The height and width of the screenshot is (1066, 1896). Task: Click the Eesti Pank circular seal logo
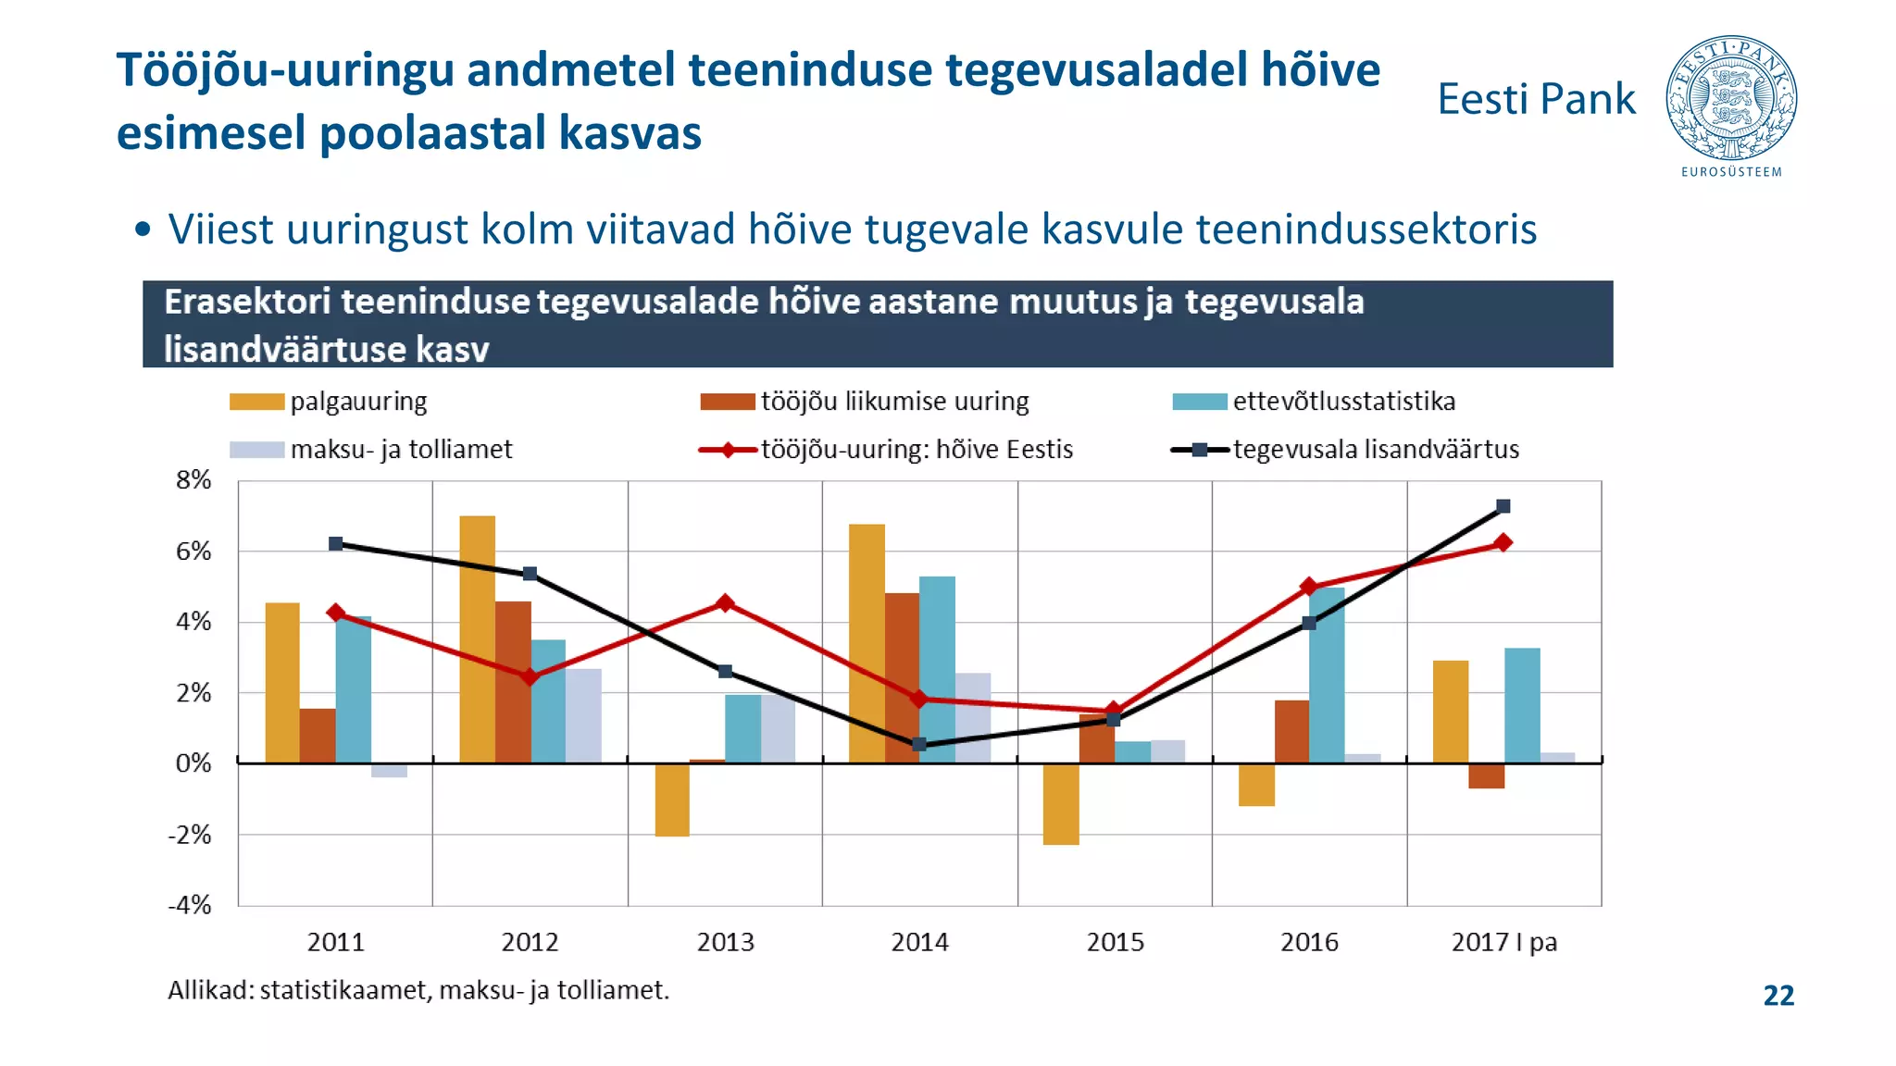[x=1731, y=98]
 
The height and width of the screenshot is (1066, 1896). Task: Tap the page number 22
[x=1778, y=996]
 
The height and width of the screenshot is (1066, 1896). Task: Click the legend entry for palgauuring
[x=358, y=402]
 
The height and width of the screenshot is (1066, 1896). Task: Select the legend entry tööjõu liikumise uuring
[x=894, y=402]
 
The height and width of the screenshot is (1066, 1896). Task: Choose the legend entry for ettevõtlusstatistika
[x=1343, y=402]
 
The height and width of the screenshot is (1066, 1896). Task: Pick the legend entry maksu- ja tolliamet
[x=400, y=450]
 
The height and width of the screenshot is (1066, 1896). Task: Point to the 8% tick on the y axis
[x=193, y=480]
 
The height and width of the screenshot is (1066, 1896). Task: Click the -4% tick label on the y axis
[x=190, y=905]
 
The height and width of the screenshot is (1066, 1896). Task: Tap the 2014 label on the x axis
[x=919, y=942]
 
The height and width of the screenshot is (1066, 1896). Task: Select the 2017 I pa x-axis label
[x=1503, y=942]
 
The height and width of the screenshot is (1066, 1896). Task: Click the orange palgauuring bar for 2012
[x=478, y=638]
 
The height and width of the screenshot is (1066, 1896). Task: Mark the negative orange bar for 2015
[x=1061, y=803]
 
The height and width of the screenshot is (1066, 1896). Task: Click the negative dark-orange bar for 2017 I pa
[x=1486, y=775]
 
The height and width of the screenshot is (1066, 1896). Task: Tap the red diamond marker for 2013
[x=725, y=603]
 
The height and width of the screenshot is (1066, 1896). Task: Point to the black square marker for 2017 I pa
[x=1503, y=506]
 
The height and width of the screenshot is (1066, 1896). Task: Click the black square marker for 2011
[x=336, y=544]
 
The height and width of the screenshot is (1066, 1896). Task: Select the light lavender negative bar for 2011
[x=389, y=770]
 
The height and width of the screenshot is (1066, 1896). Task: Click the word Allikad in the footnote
[x=209, y=990]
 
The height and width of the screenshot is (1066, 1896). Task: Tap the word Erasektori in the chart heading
[x=247, y=303]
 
